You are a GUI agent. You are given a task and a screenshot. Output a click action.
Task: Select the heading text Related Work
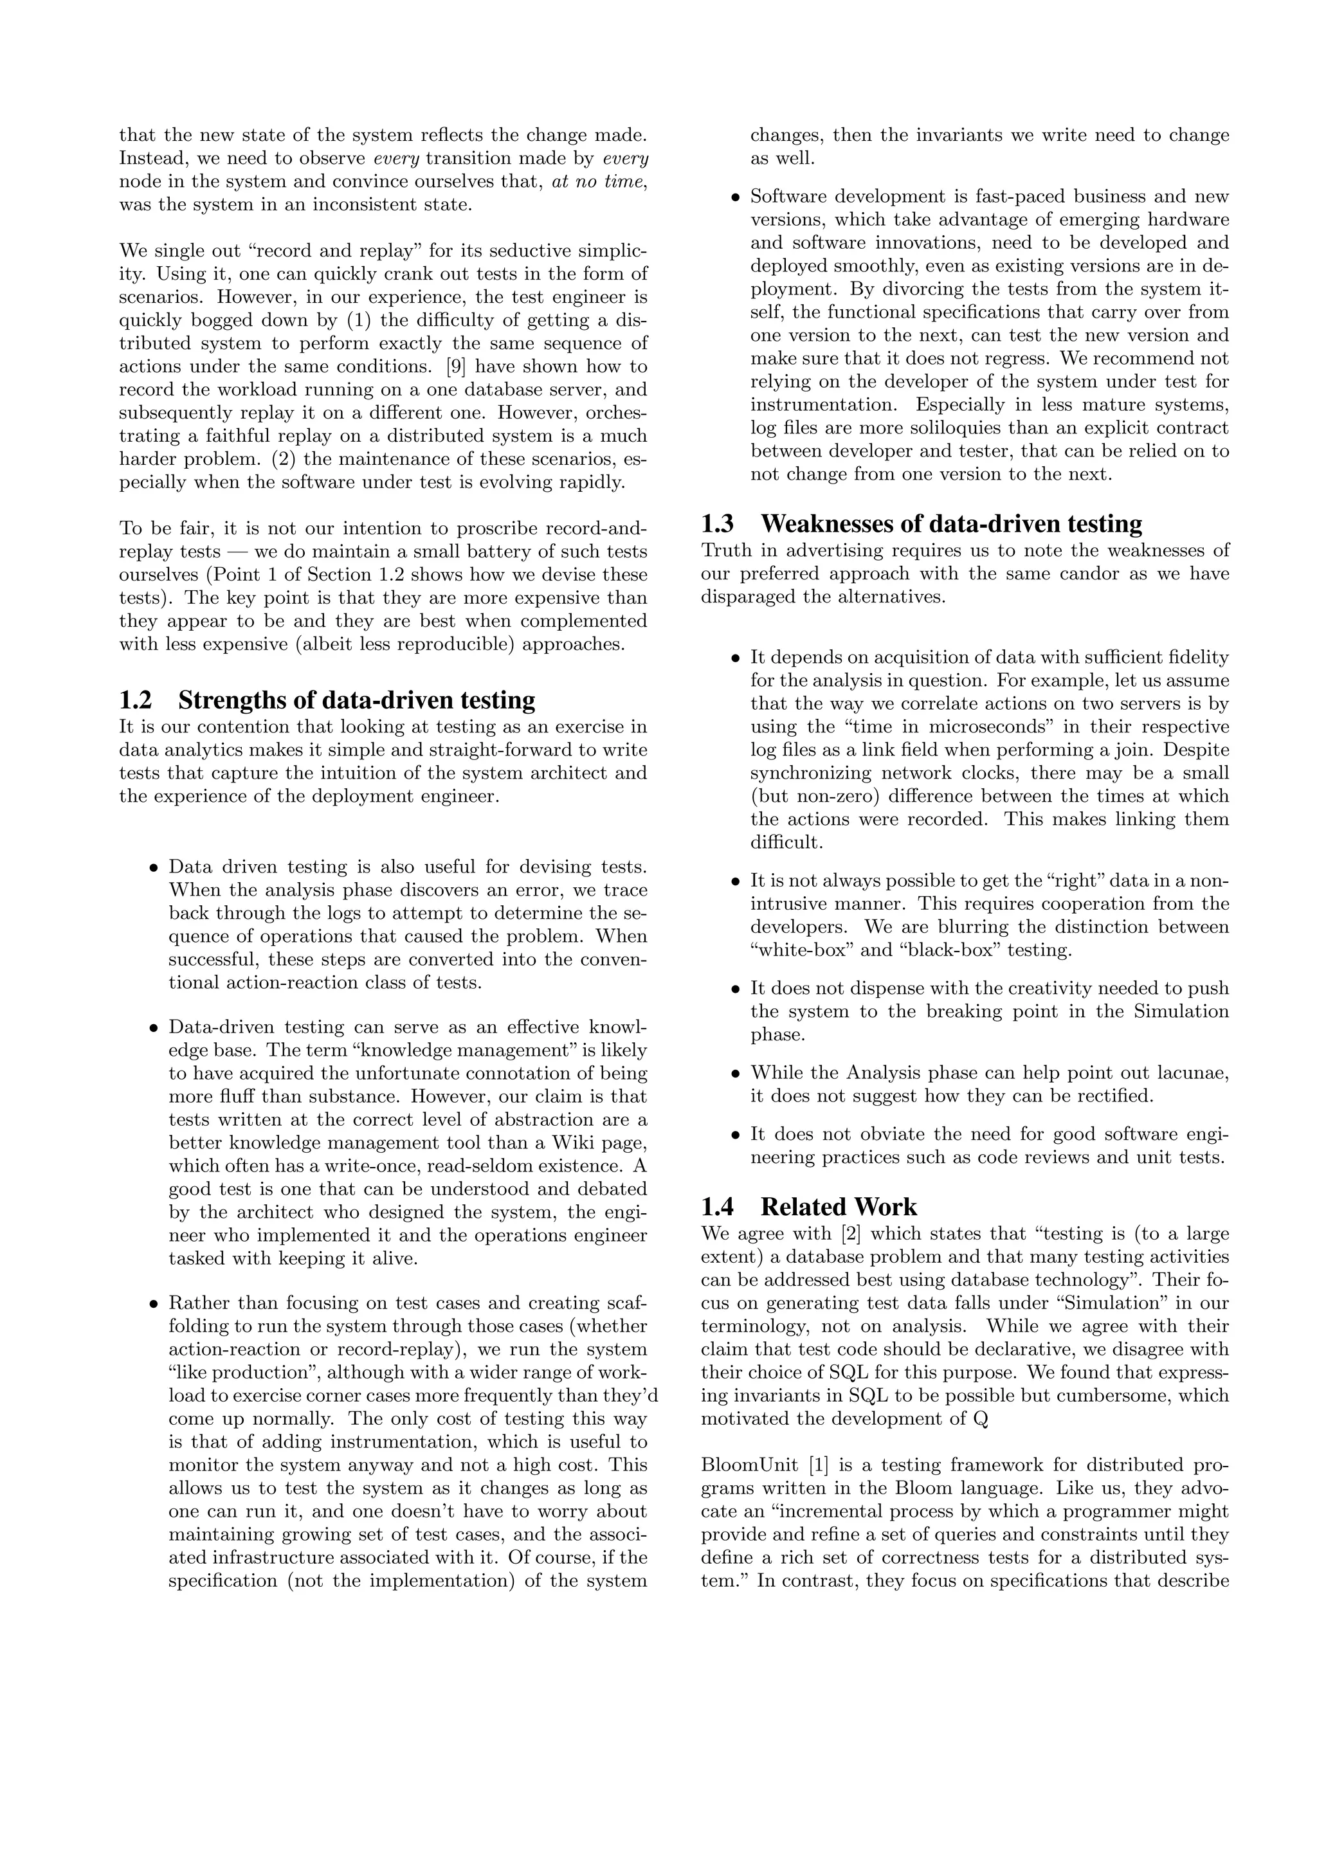839,1207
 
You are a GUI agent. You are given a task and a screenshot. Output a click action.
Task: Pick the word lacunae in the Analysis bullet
1192,1073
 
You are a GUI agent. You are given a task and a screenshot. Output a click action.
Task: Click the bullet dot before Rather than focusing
153,1305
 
